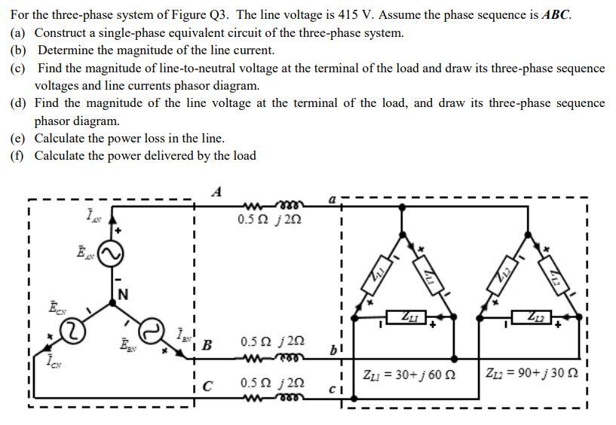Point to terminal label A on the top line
click(x=217, y=191)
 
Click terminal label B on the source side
click(x=207, y=345)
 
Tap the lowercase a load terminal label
click(x=332, y=200)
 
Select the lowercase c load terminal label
click(x=332, y=390)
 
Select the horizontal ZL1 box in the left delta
click(x=407, y=316)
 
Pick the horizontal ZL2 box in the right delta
click(x=533, y=316)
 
